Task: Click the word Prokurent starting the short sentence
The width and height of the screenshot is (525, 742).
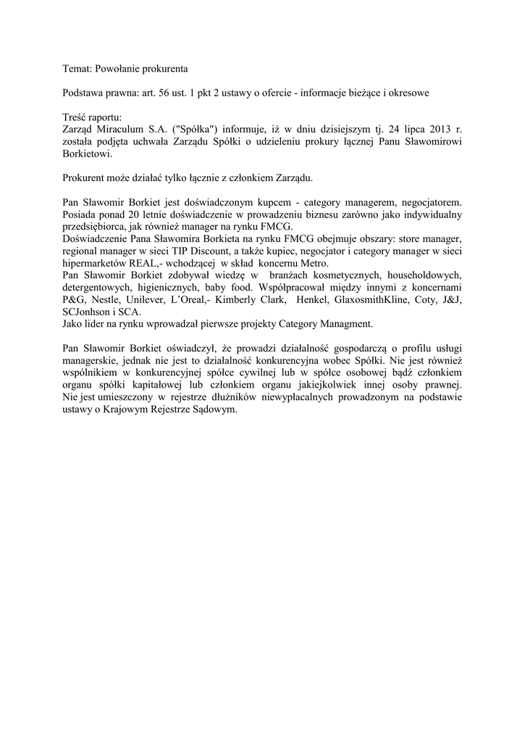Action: coord(84,177)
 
